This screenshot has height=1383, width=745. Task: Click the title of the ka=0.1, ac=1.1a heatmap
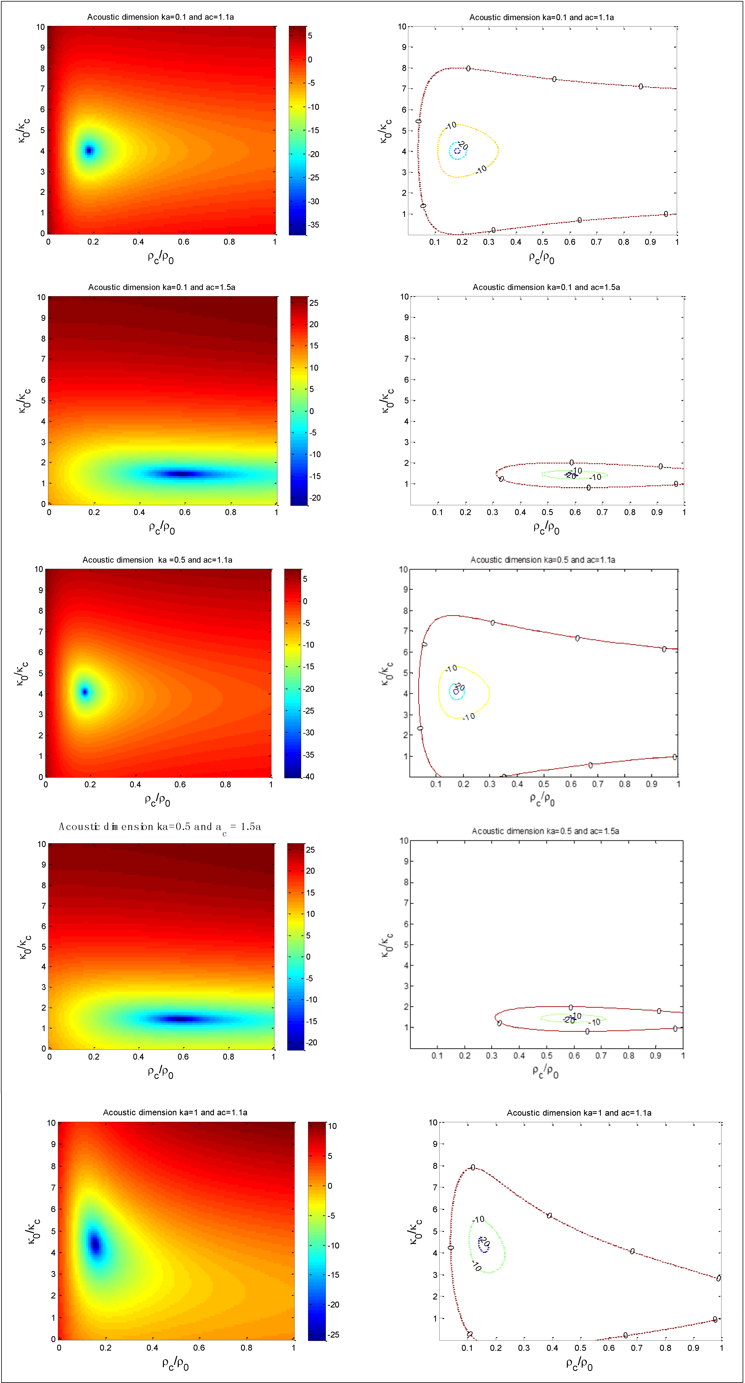(x=161, y=17)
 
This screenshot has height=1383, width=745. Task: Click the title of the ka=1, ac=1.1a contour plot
(x=579, y=1113)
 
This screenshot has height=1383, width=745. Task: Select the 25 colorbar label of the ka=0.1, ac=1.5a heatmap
(x=314, y=303)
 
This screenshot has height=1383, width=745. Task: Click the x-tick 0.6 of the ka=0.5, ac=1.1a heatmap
(x=180, y=784)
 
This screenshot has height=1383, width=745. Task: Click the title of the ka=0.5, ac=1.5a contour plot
(x=545, y=831)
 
